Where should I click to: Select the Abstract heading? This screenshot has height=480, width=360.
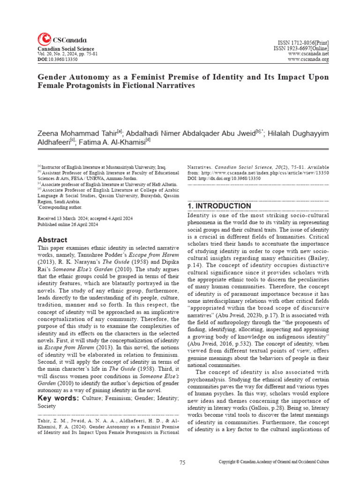(x=52, y=240)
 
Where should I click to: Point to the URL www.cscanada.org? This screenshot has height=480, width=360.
(x=308, y=60)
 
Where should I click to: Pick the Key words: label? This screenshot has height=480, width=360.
(x=58, y=398)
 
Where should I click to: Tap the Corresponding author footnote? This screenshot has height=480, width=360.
(x=60, y=207)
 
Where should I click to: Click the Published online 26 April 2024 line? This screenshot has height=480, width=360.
(x=67, y=225)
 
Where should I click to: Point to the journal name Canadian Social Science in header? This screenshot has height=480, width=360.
(x=66, y=49)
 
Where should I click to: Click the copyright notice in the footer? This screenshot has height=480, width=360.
(x=274, y=462)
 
